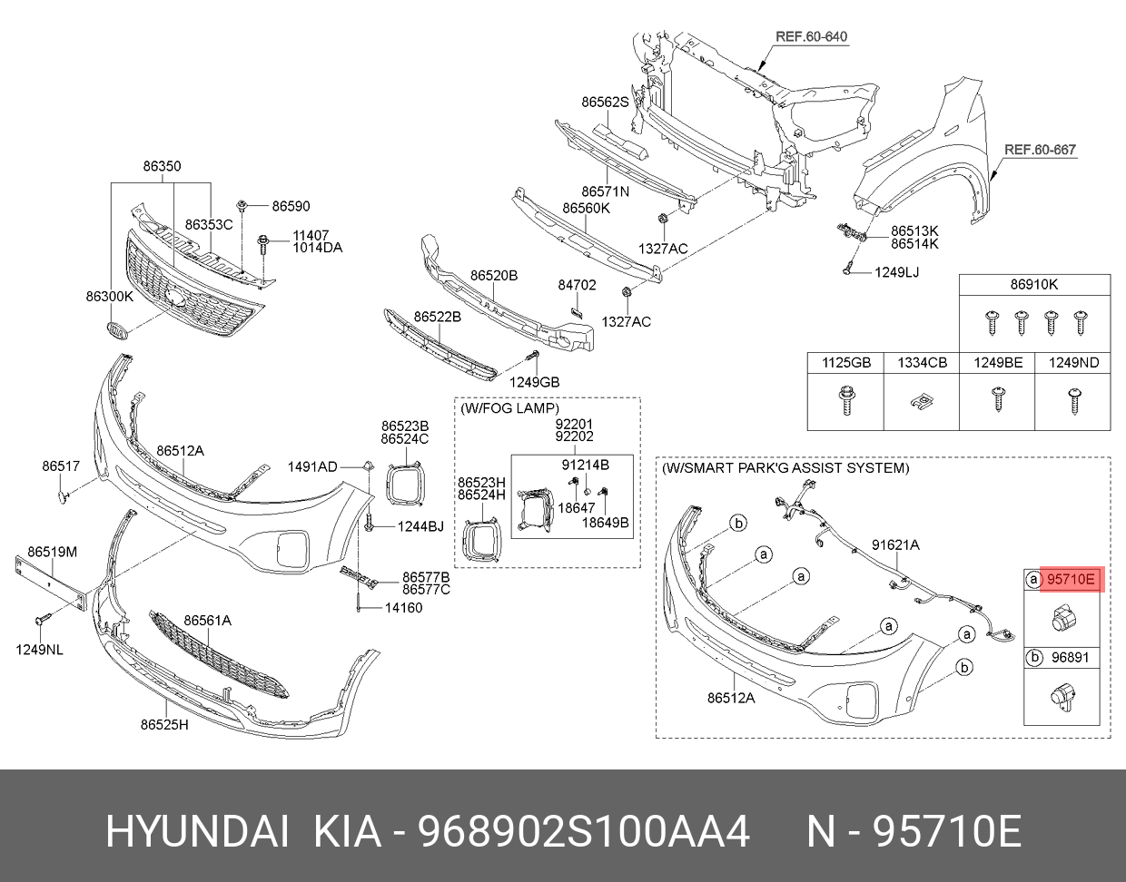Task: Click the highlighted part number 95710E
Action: tap(1072, 579)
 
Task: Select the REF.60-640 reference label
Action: tap(811, 37)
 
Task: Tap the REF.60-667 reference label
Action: tap(1040, 150)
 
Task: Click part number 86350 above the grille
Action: tap(162, 166)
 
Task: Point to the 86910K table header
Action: tap(1034, 285)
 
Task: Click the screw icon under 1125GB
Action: tap(845, 398)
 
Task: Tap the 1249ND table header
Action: tap(1073, 363)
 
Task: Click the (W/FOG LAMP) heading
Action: tap(509, 408)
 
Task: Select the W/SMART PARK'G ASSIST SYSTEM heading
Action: tap(785, 468)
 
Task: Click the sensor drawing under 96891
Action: tap(1062, 699)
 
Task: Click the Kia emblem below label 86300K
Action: tap(118, 331)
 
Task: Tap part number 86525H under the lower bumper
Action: tap(164, 724)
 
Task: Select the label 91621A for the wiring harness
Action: tap(895, 545)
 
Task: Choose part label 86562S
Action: tap(605, 103)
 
